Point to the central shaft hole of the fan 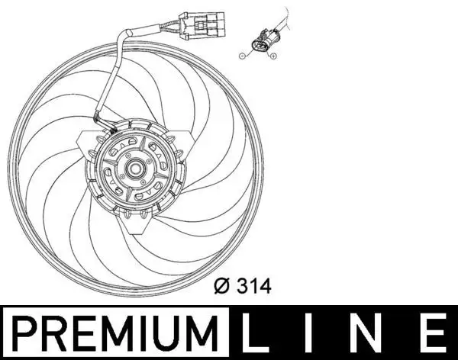(x=137, y=169)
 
